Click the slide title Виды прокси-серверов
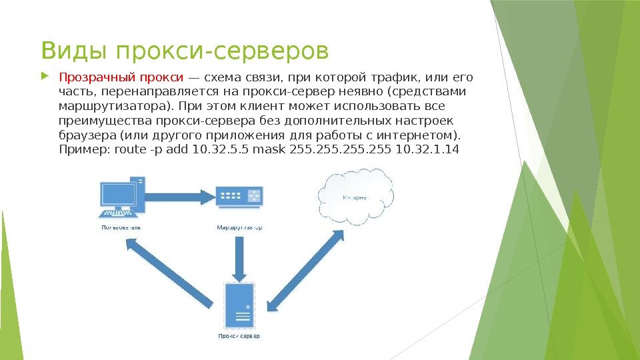(x=185, y=50)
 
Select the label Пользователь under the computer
(x=121, y=227)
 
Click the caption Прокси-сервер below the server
(x=239, y=336)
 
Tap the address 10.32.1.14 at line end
(x=427, y=149)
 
